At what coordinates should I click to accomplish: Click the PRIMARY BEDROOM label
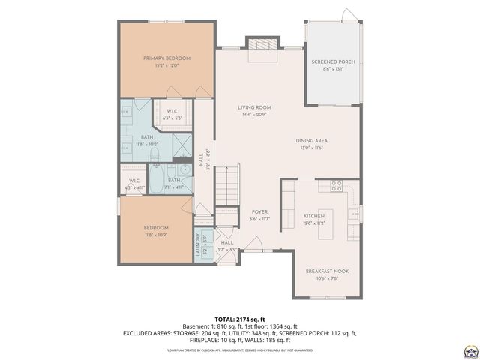(x=166, y=58)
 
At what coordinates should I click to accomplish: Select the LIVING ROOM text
(x=254, y=107)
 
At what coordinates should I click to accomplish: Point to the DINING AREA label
(x=311, y=140)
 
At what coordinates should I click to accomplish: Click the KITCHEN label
(x=313, y=215)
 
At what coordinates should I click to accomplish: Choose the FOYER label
(x=259, y=211)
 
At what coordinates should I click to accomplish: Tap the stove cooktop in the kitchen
(x=336, y=186)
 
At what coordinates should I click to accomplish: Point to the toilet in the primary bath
(x=154, y=155)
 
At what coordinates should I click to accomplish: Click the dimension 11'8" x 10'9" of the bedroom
(x=156, y=235)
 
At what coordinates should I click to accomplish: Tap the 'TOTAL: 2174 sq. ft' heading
(x=240, y=319)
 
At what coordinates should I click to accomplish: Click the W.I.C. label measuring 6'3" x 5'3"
(x=172, y=114)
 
